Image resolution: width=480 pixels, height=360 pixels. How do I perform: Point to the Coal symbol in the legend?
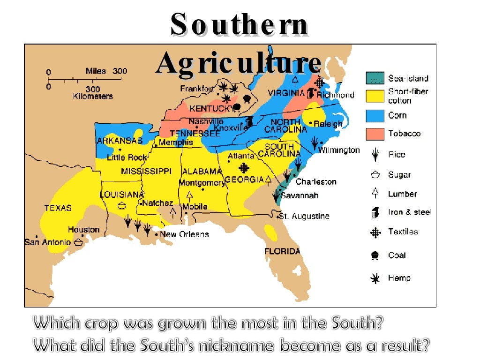pyautogui.click(x=375, y=255)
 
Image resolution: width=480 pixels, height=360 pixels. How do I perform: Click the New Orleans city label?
pyautogui.click(x=184, y=234)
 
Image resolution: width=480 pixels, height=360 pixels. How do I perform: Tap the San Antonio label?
pyautogui.click(x=47, y=242)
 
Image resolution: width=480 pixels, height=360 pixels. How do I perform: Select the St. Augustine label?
pyautogui.click(x=304, y=216)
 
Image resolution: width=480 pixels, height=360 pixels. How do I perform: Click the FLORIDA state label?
pyautogui.click(x=282, y=251)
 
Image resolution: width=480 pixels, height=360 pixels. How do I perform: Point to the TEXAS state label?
pyautogui.click(x=58, y=207)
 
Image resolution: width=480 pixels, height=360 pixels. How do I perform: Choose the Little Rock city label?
pyautogui.click(x=127, y=157)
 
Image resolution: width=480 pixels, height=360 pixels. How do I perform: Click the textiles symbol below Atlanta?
pyautogui.click(x=244, y=168)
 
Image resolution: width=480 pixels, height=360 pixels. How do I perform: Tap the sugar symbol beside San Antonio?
pyautogui.click(x=78, y=242)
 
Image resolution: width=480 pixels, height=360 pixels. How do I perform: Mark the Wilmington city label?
pyautogui.click(x=339, y=150)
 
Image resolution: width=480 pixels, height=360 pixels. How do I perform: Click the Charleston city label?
pyautogui.click(x=315, y=181)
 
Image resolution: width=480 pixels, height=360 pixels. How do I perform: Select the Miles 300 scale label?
pyautogui.click(x=106, y=71)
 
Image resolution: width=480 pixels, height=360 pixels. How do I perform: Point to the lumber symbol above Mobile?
pyautogui.click(x=189, y=195)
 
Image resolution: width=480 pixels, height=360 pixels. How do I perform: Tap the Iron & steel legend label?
pyautogui.click(x=410, y=212)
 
